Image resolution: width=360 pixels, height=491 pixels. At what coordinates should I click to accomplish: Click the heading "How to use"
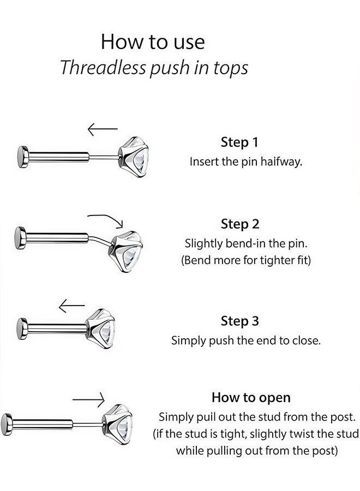[x=153, y=42]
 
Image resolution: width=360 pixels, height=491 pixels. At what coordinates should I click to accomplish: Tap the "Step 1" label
[x=239, y=142]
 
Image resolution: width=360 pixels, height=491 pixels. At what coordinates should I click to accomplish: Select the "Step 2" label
[x=240, y=224]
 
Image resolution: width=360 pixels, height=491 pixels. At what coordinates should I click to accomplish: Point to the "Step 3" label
[x=240, y=321]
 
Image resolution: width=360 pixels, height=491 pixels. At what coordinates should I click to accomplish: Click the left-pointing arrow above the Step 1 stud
[x=103, y=129]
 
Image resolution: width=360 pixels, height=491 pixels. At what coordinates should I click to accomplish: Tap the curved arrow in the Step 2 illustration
[x=107, y=219]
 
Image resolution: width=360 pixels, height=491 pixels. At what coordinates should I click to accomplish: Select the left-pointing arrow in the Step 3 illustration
[x=71, y=306]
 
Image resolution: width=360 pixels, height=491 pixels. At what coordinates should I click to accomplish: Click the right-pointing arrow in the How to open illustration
[x=88, y=400]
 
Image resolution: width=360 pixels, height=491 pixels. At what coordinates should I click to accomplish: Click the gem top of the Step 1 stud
[x=134, y=155]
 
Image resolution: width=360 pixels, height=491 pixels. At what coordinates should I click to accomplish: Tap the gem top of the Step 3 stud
[x=103, y=329]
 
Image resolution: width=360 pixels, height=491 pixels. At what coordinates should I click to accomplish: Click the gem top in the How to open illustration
[x=118, y=422]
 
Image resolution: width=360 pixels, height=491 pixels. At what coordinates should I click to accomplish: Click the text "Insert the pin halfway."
[x=245, y=162]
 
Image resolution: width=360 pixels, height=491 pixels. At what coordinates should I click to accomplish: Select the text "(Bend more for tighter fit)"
[x=245, y=260]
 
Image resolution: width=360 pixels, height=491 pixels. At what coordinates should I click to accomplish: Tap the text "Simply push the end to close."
[x=245, y=340]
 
